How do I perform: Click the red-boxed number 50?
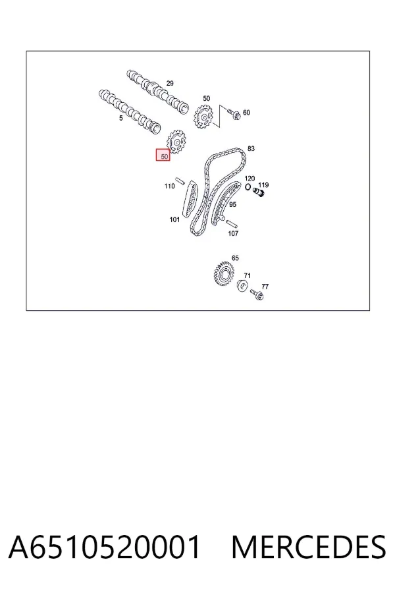coord(165,156)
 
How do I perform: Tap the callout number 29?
coord(170,83)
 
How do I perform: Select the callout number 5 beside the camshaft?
coord(121,118)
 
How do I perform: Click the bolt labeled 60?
coord(234,114)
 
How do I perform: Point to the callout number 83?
coord(251,149)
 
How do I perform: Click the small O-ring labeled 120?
coord(248,187)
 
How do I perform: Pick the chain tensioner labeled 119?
coord(259,193)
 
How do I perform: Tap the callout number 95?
coord(232,204)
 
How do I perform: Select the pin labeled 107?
coord(232,223)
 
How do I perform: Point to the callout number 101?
coord(174,219)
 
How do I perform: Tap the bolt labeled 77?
coord(257,294)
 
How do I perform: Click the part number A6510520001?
coord(104,548)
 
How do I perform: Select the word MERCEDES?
coord(309,548)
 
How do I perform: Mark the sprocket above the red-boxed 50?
coord(176,142)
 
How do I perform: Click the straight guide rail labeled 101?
coord(190,198)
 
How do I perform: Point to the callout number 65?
coord(235,258)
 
